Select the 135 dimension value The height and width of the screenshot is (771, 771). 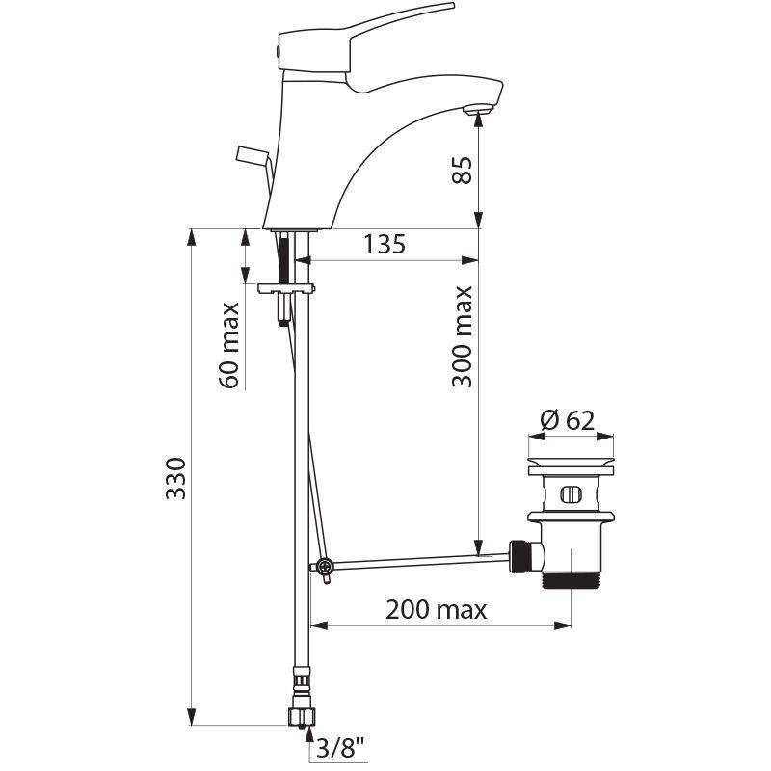coord(385,245)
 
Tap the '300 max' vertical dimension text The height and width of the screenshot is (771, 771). coord(464,335)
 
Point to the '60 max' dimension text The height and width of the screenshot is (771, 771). coord(230,344)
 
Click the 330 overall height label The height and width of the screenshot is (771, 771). coord(175,478)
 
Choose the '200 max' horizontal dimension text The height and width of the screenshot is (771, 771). coord(436,610)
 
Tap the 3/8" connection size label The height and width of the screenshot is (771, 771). coord(338,748)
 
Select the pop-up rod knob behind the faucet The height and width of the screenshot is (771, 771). coord(250,153)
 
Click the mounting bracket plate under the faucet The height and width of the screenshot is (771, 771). coord(288,286)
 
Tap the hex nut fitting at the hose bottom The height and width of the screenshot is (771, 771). coord(301,714)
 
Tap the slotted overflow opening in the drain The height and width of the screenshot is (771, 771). coord(569,496)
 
